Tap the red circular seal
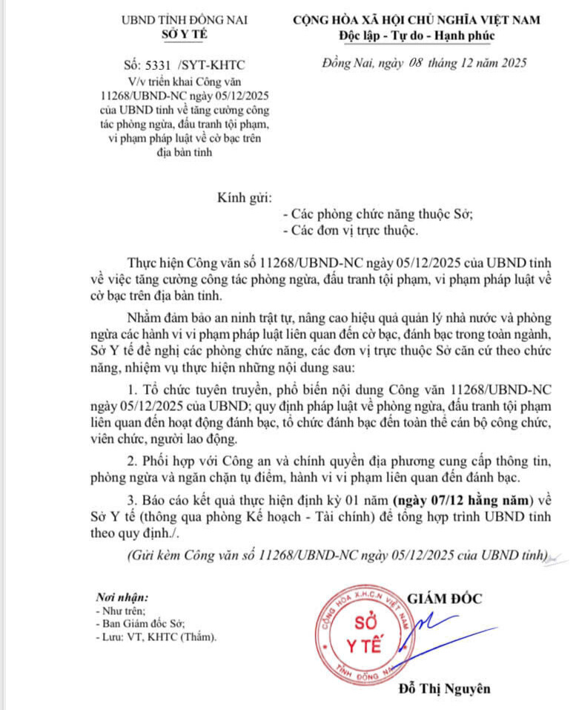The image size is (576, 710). click(364, 629)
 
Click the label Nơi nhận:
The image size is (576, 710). click(122, 597)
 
